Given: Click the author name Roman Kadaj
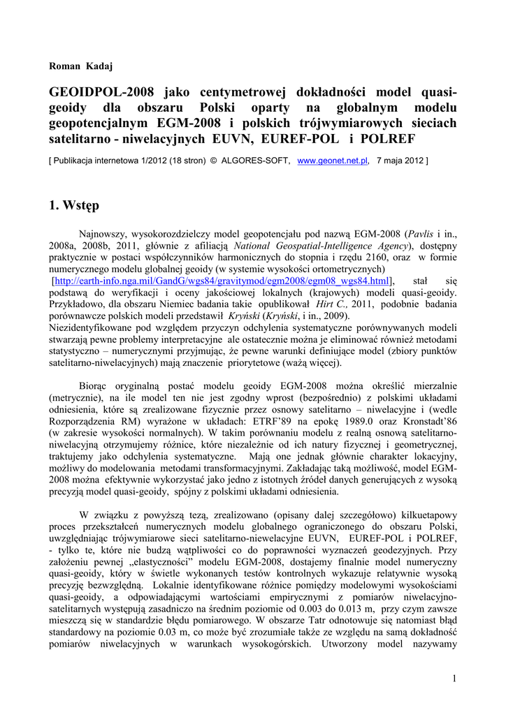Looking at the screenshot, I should click(81, 66).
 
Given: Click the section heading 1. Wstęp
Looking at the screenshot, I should click(74, 205).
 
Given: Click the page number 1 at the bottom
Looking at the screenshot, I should click(454, 679).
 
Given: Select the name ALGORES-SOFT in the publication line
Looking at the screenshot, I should click(254, 161).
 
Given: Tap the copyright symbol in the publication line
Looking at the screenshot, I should click(214, 161).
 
